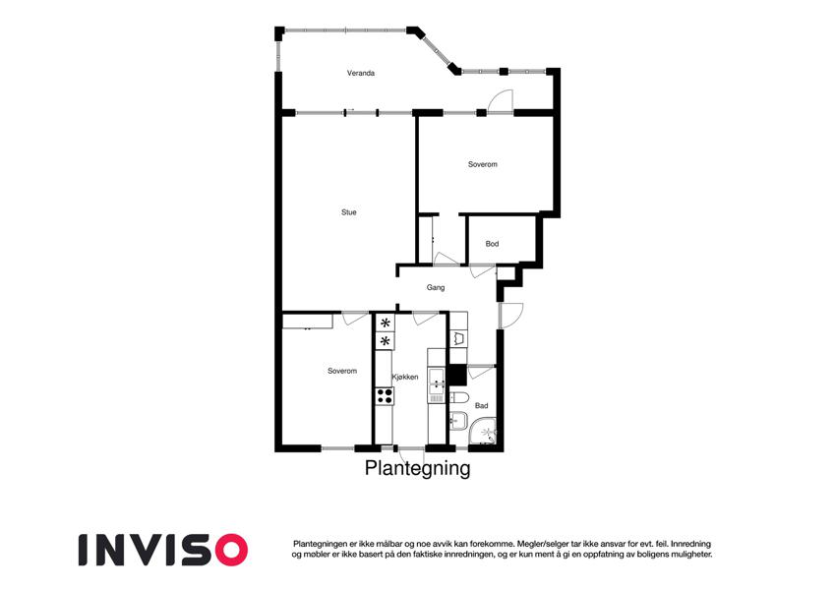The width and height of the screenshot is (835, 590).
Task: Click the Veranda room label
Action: tap(361, 73)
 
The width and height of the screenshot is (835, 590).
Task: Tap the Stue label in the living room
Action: tap(349, 212)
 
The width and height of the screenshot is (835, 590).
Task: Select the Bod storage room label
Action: tap(492, 244)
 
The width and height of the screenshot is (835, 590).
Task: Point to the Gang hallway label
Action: tap(436, 287)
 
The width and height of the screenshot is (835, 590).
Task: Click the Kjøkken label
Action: tap(405, 377)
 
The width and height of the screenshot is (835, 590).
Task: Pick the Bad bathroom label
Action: tap(481, 406)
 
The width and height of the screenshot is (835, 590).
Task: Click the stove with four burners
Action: tap(385, 395)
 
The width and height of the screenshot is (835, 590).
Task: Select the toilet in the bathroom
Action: tap(458, 398)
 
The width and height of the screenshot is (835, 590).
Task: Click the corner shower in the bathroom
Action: tap(485, 431)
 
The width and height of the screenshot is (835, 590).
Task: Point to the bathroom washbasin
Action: tap(457, 420)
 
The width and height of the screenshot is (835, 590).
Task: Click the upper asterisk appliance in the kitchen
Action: tap(385, 323)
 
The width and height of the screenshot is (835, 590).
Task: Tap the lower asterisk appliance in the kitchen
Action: tap(385, 341)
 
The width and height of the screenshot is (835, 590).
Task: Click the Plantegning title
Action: tap(417, 469)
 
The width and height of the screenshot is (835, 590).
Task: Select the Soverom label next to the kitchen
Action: tap(342, 371)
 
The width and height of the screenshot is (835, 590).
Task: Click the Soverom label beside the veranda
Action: tap(483, 164)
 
